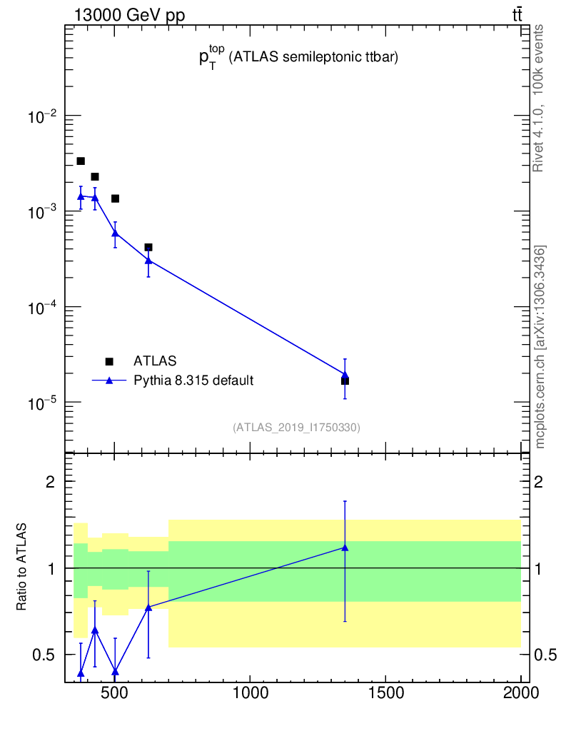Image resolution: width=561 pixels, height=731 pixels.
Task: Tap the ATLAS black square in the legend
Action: [109, 362]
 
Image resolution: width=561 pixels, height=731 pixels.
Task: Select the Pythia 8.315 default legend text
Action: [193, 380]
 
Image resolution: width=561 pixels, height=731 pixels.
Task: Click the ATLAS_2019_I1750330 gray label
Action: [296, 428]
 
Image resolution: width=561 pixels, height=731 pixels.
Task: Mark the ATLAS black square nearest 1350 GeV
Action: [345, 381]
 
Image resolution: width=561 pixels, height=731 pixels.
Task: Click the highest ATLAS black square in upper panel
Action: [81, 161]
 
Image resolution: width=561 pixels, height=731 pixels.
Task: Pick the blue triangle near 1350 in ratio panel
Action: [345, 548]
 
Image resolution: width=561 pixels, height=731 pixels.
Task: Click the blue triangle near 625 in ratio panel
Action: [148, 607]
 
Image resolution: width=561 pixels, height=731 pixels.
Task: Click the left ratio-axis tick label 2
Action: [51, 482]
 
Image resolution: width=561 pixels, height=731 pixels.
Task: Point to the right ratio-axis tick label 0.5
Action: [545, 655]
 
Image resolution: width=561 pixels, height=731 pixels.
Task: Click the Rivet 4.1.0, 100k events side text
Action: [539, 97]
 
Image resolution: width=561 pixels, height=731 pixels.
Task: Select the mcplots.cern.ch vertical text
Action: [540, 346]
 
